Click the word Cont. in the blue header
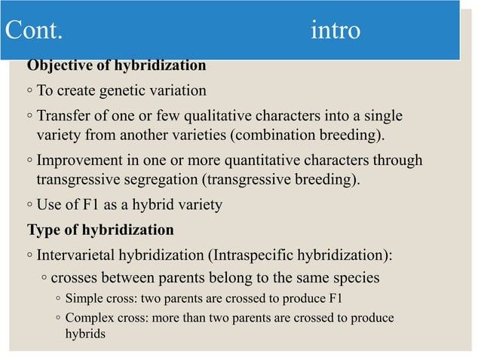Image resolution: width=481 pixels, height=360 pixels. pos(35,31)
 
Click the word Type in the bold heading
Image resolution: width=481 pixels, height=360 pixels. pos(43,229)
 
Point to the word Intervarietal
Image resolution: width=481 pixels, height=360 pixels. pos(80,255)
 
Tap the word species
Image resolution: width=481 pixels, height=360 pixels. pos(355,278)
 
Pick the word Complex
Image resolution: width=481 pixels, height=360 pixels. pos(89,319)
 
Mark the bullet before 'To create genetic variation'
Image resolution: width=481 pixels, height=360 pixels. pos(27,92)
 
